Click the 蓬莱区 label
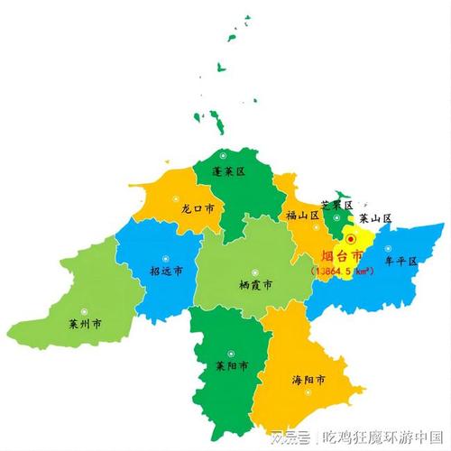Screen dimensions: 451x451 click(228, 170)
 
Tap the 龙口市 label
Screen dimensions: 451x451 click(198, 207)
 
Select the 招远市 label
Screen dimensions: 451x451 click(166, 271)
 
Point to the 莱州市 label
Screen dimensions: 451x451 click(84, 322)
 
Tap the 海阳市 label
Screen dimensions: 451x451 click(308, 380)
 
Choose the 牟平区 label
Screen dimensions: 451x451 click(400, 262)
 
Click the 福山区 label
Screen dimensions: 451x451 click(302, 215)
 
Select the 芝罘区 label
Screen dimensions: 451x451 click(337, 206)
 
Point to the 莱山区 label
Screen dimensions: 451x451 click(374, 218)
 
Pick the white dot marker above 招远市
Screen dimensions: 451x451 click(164, 254)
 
